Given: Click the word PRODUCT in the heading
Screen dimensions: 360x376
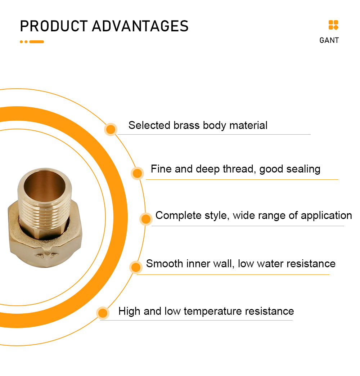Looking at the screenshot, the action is [x=54, y=26].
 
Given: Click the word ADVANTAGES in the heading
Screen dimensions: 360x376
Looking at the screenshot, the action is [x=140, y=26].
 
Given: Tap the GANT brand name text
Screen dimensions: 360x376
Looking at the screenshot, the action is [x=329, y=40].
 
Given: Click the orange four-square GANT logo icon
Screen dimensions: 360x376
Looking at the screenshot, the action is [x=333, y=25].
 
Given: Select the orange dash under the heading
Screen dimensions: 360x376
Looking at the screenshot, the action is [x=36, y=42].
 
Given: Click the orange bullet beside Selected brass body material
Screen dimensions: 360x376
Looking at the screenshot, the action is [x=111, y=130].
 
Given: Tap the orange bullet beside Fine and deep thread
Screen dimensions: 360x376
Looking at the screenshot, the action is [x=137, y=173].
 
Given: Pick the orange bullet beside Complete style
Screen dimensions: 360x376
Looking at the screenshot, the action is [x=146, y=219].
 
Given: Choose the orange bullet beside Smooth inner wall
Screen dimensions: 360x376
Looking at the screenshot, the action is [x=136, y=267].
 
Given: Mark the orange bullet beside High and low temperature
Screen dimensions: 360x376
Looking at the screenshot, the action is [x=103, y=313].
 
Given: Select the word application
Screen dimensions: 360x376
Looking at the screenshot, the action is [x=327, y=216].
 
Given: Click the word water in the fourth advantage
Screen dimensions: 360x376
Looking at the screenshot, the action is [x=270, y=264].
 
